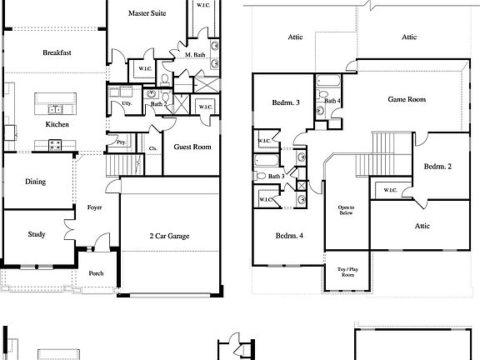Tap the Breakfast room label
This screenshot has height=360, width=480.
pyautogui.click(x=57, y=52)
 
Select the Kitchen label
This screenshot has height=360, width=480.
pyautogui.click(x=57, y=124)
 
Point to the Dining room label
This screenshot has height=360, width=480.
pyautogui.click(x=35, y=182)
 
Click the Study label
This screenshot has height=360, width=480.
pyautogui.click(x=36, y=234)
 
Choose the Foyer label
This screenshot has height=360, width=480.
pyautogui.click(x=94, y=207)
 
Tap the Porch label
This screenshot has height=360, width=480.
pyautogui.click(x=96, y=272)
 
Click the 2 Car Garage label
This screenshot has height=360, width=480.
pyautogui.click(x=169, y=236)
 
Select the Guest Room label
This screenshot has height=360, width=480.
pyautogui.click(x=192, y=147)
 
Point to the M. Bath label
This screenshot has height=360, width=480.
pyautogui.click(x=195, y=55)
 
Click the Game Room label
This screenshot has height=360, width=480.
pyautogui.click(x=407, y=99)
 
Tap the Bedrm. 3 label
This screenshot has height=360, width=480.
pyautogui.click(x=286, y=103)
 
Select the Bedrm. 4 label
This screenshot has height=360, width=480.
pyautogui.click(x=288, y=236)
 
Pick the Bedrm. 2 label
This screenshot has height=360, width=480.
pyautogui.click(x=437, y=167)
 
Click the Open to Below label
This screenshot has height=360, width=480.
pyautogui.click(x=346, y=209)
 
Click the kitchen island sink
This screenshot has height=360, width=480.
pyautogui.click(x=56, y=107)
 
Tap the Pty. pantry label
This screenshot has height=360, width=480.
pyautogui.click(x=121, y=142)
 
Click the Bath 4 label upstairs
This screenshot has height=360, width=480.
pyautogui.click(x=332, y=101)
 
